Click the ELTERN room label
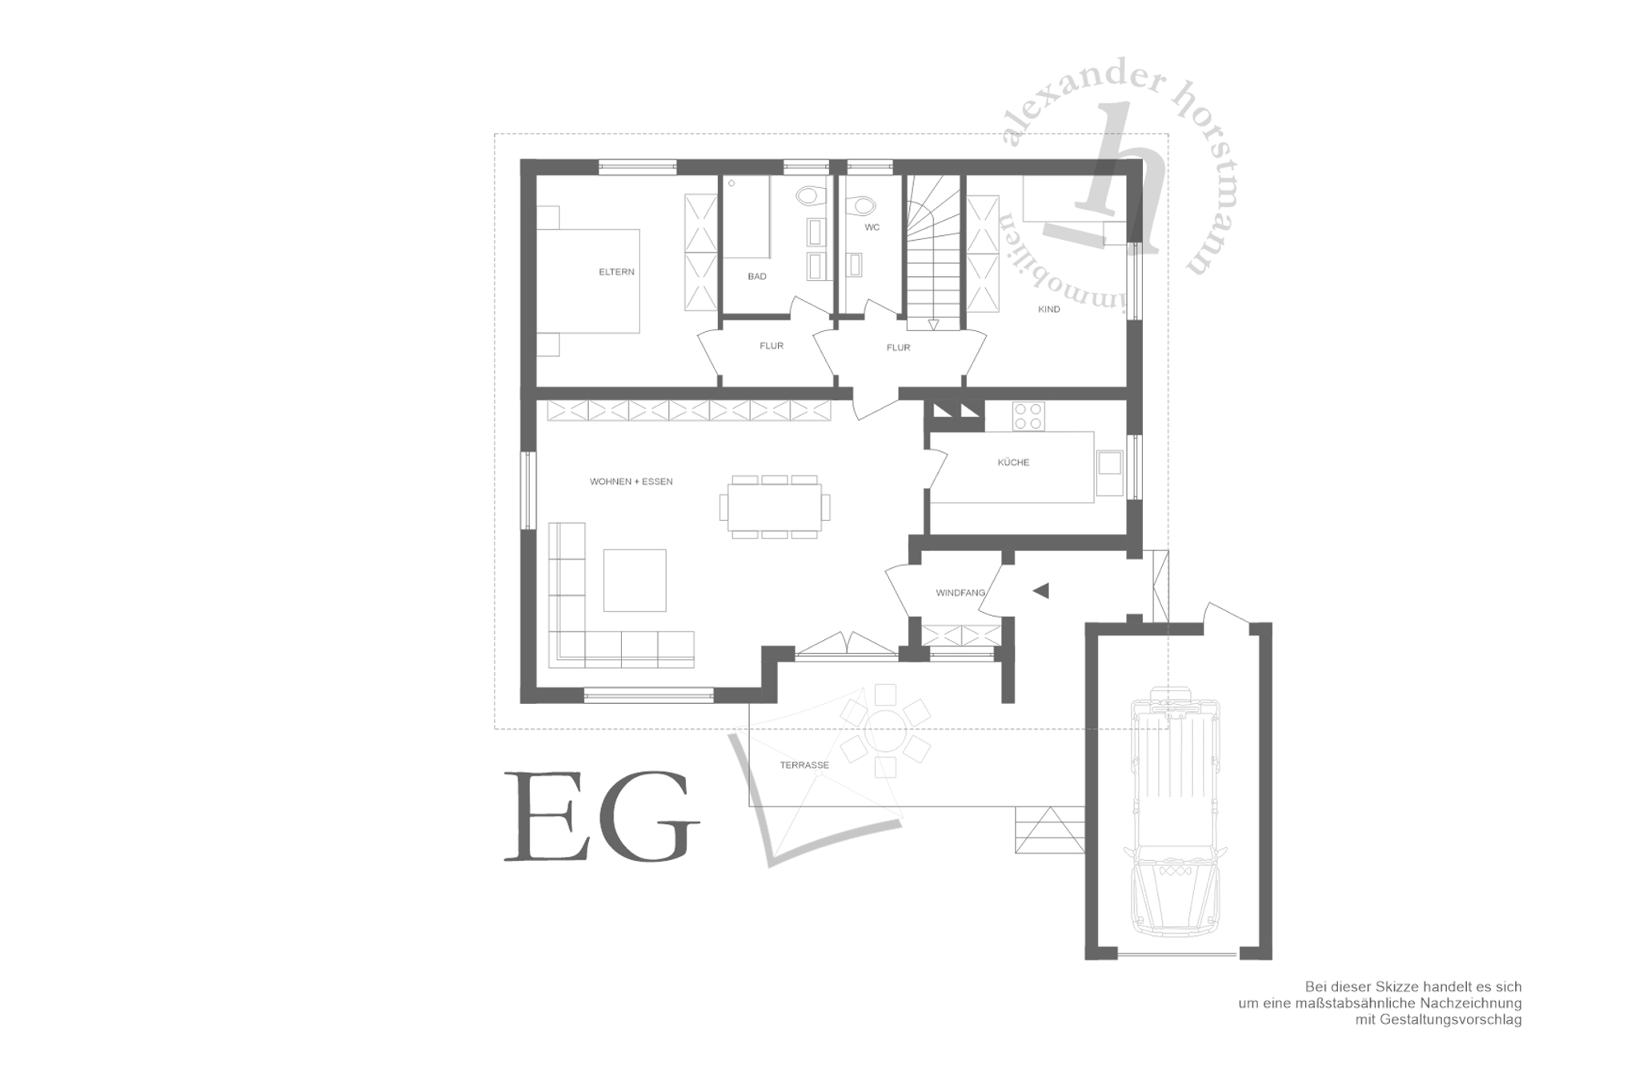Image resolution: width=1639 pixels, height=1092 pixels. coord(616,272)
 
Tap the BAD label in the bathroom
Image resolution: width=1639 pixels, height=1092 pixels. coord(757,277)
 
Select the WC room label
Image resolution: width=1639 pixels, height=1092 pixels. coord(872,227)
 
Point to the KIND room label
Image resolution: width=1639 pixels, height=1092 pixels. coord(1048,310)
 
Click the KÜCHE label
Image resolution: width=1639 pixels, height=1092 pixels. coord(1013,462)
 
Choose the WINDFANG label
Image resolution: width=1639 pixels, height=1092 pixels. coord(960,593)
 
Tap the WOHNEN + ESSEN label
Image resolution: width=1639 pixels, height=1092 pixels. coord(631,482)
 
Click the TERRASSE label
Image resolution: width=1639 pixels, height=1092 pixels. coord(804,765)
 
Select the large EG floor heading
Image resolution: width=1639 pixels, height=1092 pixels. coord(602,816)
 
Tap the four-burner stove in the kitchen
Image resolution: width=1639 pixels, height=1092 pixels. coord(1028,416)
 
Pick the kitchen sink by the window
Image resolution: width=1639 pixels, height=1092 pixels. coord(1110,473)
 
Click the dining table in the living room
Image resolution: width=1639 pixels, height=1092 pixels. coord(775,506)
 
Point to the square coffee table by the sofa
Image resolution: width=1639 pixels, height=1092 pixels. coord(635,580)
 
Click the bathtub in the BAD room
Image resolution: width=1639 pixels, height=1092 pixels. coord(747,217)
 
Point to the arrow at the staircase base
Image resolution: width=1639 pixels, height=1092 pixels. coord(933,324)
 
